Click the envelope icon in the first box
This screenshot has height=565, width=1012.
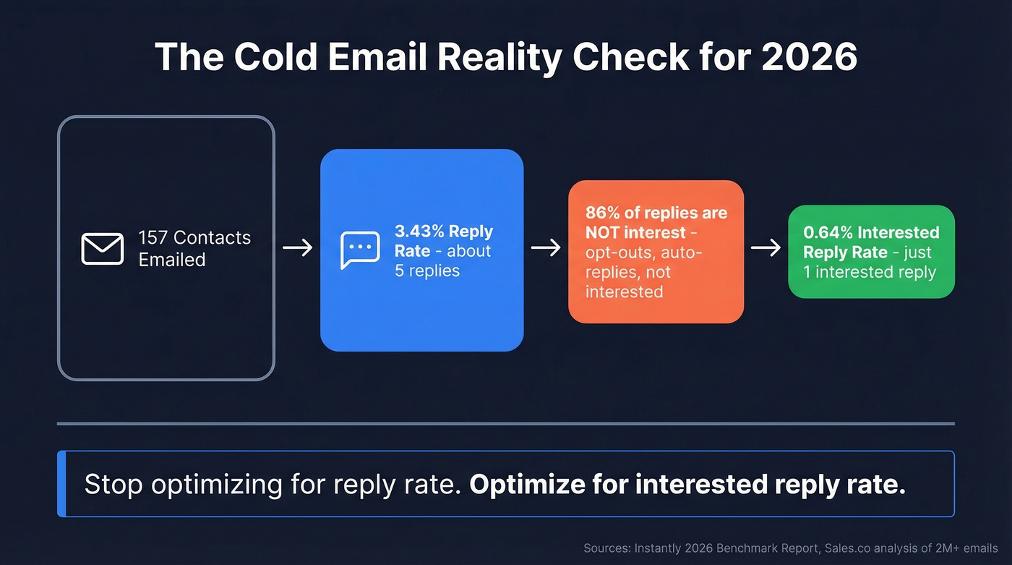tap(102, 249)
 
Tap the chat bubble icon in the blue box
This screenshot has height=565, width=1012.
tap(360, 250)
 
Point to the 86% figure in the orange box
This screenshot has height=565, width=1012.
tap(601, 214)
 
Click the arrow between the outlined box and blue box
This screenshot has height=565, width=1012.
tap(297, 248)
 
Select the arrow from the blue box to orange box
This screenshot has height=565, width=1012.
tap(546, 248)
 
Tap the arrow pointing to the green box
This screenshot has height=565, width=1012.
tap(766, 248)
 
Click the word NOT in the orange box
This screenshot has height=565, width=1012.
tap(605, 233)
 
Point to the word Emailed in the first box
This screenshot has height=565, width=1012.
tap(172, 260)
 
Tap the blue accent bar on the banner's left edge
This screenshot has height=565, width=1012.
tap(61, 484)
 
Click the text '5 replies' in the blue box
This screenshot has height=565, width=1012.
tap(427, 271)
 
